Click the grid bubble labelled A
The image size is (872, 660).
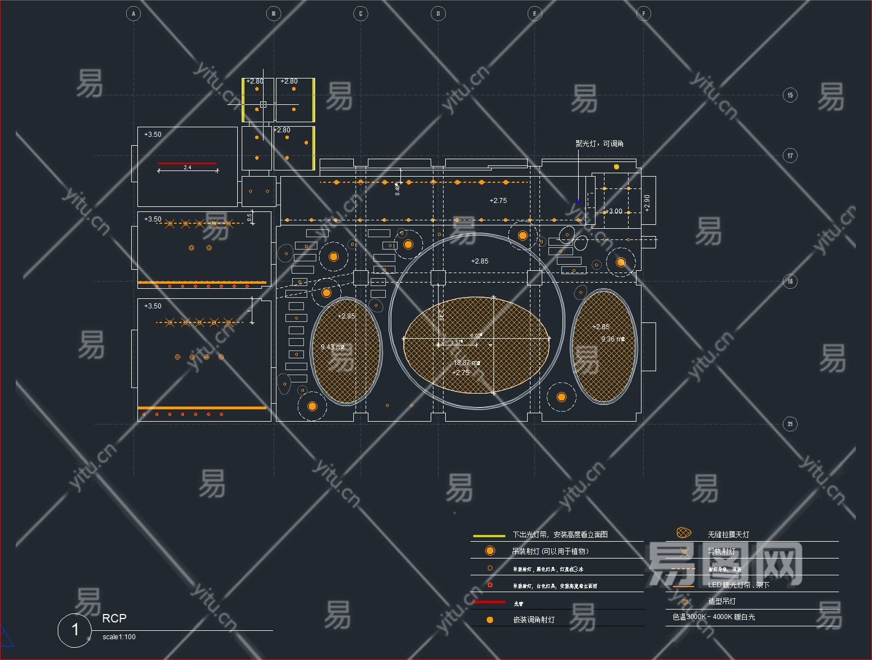[133, 13]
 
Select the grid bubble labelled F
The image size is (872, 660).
[644, 13]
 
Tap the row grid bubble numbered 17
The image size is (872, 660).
[790, 155]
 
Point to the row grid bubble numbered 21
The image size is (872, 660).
[790, 424]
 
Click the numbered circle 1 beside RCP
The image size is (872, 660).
[75, 630]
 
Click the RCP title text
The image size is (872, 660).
[114, 618]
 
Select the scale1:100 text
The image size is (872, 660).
[119, 637]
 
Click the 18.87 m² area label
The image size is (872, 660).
[467, 363]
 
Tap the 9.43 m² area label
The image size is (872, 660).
[333, 347]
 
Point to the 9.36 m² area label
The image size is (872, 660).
[613, 339]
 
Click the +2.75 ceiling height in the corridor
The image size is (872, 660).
[498, 201]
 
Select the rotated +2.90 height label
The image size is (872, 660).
[647, 203]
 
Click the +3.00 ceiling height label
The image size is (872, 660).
[613, 211]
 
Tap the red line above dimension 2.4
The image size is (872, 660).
[187, 163]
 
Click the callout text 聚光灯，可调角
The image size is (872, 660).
[599, 144]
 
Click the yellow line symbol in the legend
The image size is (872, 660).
[489, 536]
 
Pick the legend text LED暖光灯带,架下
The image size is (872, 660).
[739, 585]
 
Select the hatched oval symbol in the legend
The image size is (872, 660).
[684, 533]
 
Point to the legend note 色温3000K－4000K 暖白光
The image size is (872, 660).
[714, 617]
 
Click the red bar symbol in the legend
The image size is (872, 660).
[489, 602]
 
